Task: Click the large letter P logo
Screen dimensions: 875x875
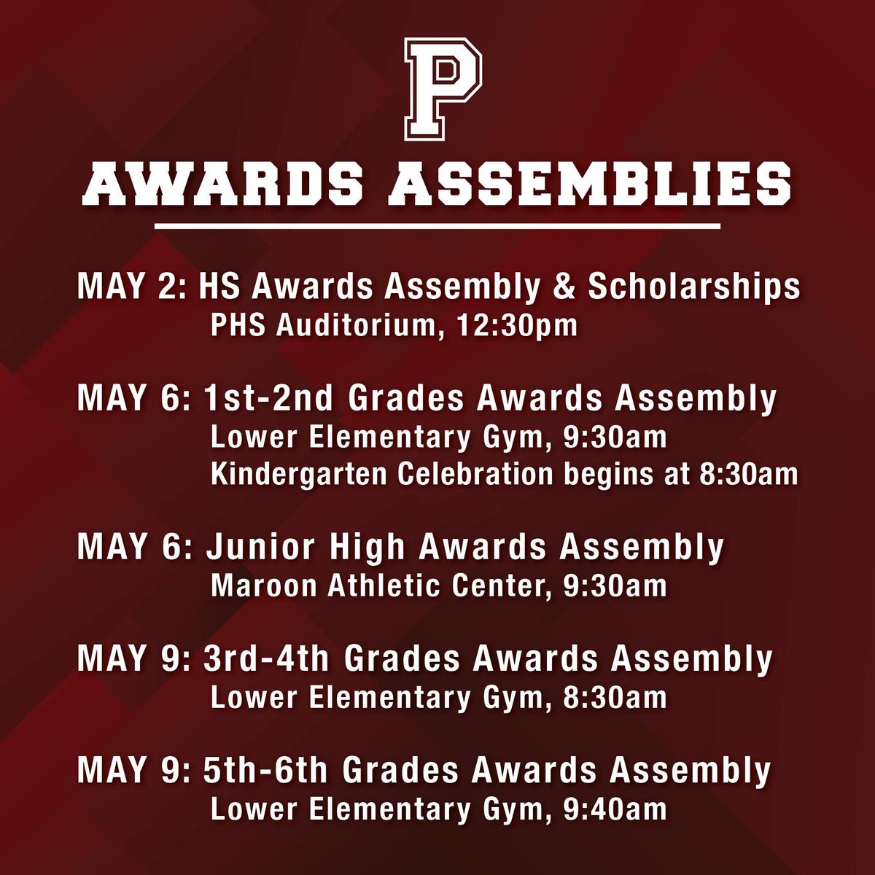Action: coord(443,90)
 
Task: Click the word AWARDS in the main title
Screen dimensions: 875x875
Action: coord(222,184)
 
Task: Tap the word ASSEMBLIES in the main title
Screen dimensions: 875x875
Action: coord(590,184)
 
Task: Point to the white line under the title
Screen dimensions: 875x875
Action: coord(437,225)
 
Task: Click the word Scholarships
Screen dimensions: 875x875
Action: coord(694,287)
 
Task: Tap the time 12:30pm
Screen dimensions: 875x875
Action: coord(517,326)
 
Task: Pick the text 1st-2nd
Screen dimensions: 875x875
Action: coord(268,398)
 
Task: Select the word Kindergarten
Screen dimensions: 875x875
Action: coord(299,475)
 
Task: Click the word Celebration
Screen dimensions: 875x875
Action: coord(475,475)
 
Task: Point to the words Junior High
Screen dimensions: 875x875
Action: coord(305,547)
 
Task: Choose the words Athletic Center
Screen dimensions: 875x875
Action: coord(435,586)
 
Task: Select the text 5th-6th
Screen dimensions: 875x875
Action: coord(265,770)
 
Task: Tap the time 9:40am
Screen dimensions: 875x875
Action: coord(615,809)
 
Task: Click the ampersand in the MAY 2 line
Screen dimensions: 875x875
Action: coord(564,287)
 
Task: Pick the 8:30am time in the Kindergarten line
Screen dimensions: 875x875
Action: coord(748,475)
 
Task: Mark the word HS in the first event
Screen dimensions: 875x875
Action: coord(219,287)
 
